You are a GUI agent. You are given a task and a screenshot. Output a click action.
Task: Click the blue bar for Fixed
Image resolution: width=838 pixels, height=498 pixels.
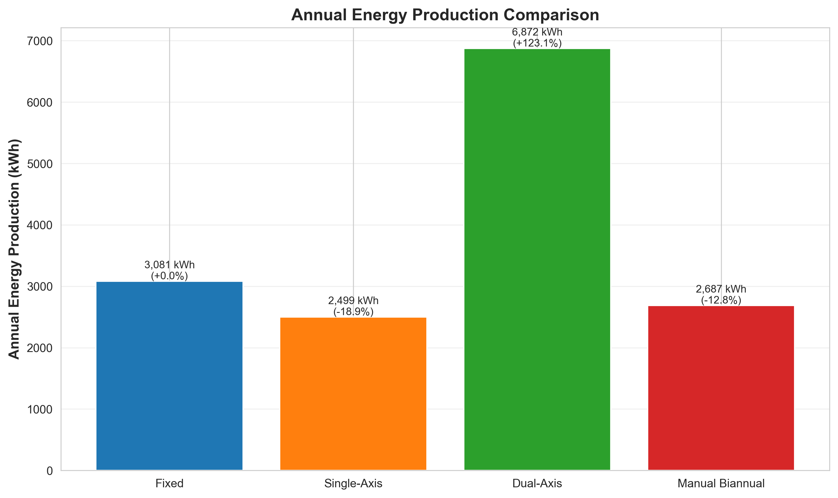(169, 376)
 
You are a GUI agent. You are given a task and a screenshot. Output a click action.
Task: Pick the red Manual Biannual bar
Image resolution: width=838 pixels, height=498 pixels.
(721, 388)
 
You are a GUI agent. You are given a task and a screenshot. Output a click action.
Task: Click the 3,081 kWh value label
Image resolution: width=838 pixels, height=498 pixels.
(169, 265)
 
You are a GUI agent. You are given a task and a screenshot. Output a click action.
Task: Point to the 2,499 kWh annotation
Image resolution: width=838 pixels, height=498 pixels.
(353, 301)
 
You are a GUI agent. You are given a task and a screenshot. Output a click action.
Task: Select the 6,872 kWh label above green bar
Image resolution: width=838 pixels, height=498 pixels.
(537, 32)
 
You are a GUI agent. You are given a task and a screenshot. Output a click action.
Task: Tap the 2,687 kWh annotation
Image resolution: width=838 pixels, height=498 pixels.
(721, 289)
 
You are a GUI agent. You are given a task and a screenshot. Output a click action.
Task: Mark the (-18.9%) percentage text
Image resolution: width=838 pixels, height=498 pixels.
(353, 312)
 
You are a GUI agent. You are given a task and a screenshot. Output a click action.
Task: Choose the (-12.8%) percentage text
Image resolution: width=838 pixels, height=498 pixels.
(721, 300)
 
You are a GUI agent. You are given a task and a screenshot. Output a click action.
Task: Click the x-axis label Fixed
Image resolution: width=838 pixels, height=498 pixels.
(169, 484)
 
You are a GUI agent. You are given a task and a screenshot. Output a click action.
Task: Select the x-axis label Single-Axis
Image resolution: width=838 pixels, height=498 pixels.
(353, 484)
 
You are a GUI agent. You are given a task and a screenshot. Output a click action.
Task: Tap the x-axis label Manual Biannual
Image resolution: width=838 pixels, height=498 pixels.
(721, 484)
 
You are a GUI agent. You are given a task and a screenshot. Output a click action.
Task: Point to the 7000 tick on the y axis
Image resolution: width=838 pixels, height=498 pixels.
(40, 41)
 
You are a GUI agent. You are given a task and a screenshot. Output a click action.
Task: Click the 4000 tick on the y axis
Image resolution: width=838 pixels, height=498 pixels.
(40, 225)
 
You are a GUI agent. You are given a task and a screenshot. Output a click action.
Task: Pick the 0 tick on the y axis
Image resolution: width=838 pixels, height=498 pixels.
(49, 471)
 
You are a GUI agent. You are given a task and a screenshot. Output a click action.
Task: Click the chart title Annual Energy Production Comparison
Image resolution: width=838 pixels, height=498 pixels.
(445, 15)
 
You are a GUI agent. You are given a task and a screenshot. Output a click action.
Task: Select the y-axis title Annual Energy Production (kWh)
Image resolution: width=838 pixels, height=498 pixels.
(14, 249)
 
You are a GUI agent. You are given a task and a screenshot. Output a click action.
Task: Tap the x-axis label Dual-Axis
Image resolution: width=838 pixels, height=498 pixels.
(537, 484)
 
